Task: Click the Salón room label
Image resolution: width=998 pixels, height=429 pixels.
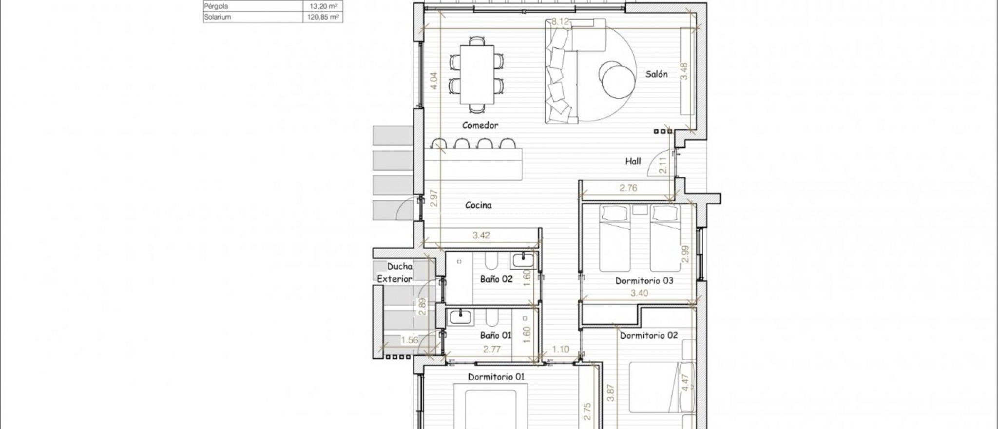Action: pyautogui.click(x=656, y=75)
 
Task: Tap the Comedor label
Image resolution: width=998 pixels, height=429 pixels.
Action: pyautogui.click(x=480, y=125)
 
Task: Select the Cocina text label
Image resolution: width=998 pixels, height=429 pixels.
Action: pyautogui.click(x=478, y=205)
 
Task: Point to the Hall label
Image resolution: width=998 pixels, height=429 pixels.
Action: pyautogui.click(x=633, y=161)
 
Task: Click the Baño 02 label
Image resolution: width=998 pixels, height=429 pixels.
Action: pyautogui.click(x=496, y=279)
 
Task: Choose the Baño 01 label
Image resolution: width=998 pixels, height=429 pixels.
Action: pyautogui.click(x=496, y=335)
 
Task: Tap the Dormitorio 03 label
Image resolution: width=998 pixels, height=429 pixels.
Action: pyautogui.click(x=644, y=281)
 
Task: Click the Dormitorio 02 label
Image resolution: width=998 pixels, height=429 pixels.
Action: pyautogui.click(x=649, y=335)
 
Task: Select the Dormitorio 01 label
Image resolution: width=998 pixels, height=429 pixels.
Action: pyautogui.click(x=496, y=377)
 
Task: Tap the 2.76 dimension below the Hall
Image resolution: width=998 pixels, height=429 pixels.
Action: pyautogui.click(x=628, y=188)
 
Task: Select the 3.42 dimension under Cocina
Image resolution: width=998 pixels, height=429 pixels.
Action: pyautogui.click(x=481, y=235)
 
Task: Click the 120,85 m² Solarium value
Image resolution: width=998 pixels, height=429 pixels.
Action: pyautogui.click(x=320, y=17)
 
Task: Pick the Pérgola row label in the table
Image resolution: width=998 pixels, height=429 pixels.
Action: pyautogui.click(x=216, y=6)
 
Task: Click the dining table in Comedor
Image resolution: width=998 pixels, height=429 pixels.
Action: pyautogui.click(x=477, y=73)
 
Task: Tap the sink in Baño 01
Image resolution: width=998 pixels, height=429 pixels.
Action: pyautogui.click(x=460, y=318)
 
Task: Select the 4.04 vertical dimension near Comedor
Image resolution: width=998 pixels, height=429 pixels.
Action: pyautogui.click(x=434, y=80)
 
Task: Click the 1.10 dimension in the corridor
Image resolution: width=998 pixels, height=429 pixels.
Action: pyautogui.click(x=561, y=350)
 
